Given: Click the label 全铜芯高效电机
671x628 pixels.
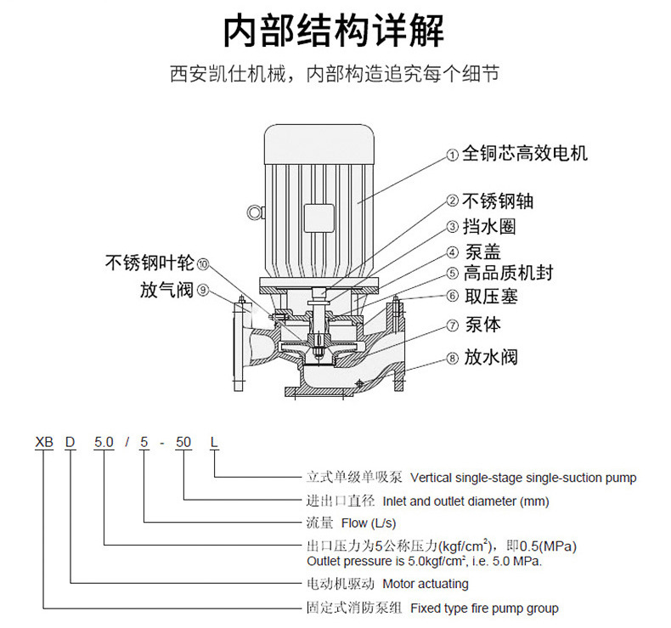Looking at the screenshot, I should (x=524, y=154).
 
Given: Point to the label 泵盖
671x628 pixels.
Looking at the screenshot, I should (x=482, y=252).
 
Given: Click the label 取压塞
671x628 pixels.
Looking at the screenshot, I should (x=490, y=297).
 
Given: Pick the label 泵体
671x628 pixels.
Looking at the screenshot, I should (x=482, y=325).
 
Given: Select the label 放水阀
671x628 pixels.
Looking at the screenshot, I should (x=490, y=357).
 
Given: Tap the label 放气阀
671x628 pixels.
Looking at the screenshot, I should (x=167, y=291).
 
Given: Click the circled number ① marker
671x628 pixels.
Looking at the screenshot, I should (x=453, y=156).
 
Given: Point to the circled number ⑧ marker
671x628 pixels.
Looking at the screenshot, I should (x=453, y=359).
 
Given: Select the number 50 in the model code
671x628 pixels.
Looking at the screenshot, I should (x=183, y=443).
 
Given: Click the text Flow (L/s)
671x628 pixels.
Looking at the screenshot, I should (x=368, y=523).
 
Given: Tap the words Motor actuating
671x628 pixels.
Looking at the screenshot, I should (x=425, y=584).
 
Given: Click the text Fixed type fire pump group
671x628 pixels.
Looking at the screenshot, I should (x=484, y=608).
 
